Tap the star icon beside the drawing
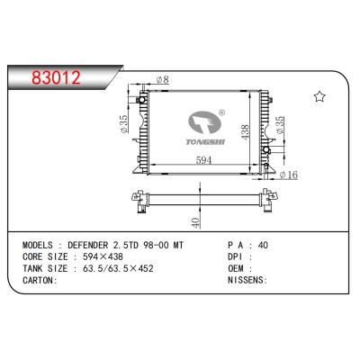(319, 96)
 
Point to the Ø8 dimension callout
(161, 81)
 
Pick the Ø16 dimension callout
(288, 175)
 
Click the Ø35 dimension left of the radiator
(124, 121)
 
